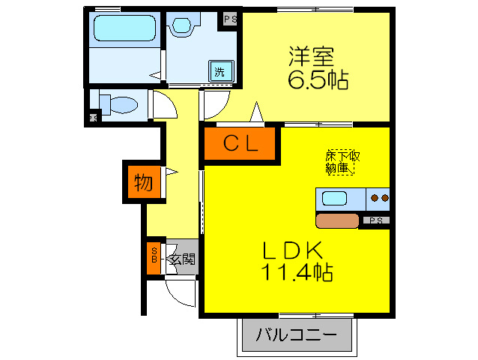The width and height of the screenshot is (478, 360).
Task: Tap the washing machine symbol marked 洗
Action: click(x=220, y=71)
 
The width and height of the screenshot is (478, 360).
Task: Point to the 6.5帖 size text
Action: click(x=318, y=79)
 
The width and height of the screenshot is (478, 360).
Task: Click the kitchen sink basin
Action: click(x=334, y=200)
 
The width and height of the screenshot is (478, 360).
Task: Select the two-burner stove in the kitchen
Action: click(x=379, y=199)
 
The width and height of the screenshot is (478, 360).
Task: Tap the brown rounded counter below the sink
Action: click(x=338, y=220)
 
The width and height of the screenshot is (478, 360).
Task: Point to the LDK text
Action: click(x=291, y=250)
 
